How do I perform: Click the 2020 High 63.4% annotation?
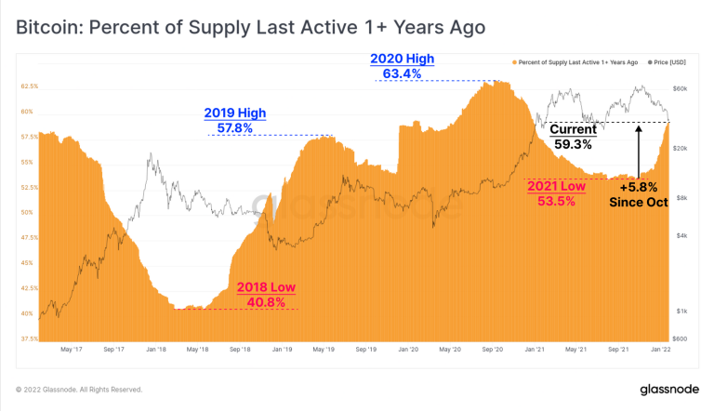click(402, 65)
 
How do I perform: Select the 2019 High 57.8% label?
click(234, 120)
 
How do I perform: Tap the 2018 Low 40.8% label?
click(266, 295)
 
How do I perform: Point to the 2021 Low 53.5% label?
click(556, 193)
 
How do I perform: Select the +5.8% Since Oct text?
click(638, 193)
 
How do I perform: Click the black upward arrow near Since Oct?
click(639, 149)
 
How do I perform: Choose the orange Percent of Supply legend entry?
click(575, 62)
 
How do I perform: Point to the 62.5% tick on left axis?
click(29, 86)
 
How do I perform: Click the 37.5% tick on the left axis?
click(29, 338)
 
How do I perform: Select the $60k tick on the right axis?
click(681, 89)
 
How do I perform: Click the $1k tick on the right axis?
click(681, 311)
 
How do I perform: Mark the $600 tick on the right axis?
click(681, 338)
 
